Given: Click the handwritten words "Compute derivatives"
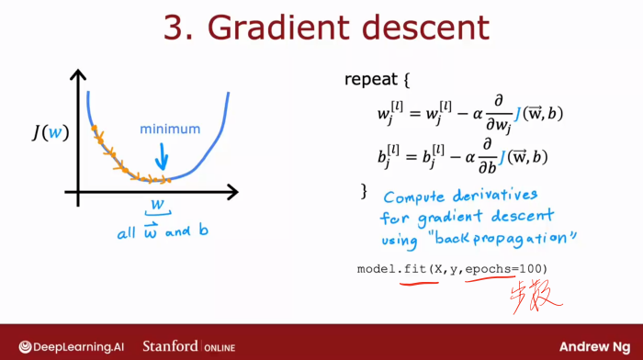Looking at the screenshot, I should pyautogui.click(x=461, y=197).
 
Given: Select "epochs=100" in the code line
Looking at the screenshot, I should pyautogui.click(x=504, y=268).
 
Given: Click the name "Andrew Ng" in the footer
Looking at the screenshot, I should pyautogui.click(x=596, y=346).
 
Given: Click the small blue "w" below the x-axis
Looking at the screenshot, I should pyautogui.click(x=158, y=205).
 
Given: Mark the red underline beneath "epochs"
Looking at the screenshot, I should pyautogui.click(x=486, y=280).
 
